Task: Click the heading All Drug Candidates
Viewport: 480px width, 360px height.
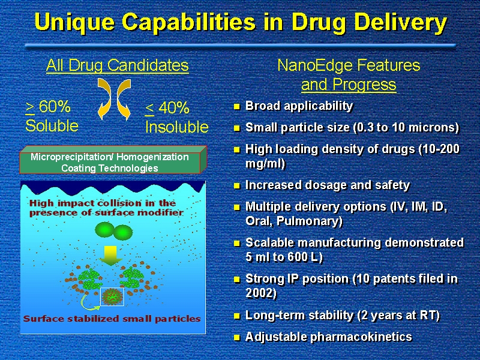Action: pos(118,65)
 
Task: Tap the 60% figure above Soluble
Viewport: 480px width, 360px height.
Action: pos(55,107)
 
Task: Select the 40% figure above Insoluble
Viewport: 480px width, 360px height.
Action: pos(174,108)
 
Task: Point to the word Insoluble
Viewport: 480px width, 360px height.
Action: pos(177,127)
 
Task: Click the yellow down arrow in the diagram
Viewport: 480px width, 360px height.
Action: pos(110,256)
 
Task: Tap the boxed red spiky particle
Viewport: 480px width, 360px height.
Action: pos(112,296)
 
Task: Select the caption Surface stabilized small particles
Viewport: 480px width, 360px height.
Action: pos(112,319)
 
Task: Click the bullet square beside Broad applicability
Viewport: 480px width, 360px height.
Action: pos(236,107)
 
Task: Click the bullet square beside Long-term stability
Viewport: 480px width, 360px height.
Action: pos(236,316)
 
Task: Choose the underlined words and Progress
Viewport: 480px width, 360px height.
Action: pos(349,85)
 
